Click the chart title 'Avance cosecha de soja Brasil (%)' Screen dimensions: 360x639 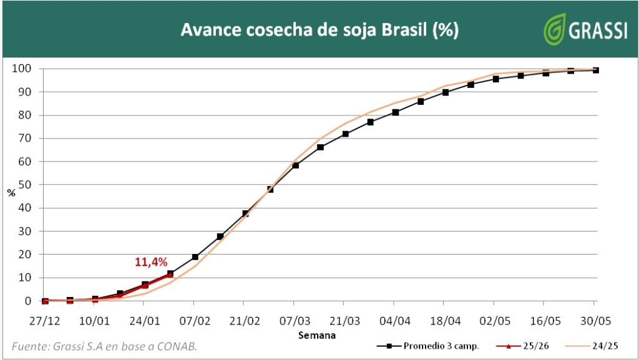point(319,30)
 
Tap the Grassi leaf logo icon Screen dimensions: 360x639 point(554,29)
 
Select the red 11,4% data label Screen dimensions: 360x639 point(151,262)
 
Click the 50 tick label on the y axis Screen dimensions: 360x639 point(24,185)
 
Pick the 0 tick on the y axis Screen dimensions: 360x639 point(28,301)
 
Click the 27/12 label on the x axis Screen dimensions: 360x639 point(45,321)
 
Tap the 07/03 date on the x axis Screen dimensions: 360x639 point(295,321)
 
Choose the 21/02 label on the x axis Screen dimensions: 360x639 point(245,321)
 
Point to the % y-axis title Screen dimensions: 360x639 point(11,193)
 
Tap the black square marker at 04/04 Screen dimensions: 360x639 point(396,112)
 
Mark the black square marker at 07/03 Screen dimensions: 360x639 point(295,165)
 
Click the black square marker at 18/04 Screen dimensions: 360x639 point(446,92)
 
